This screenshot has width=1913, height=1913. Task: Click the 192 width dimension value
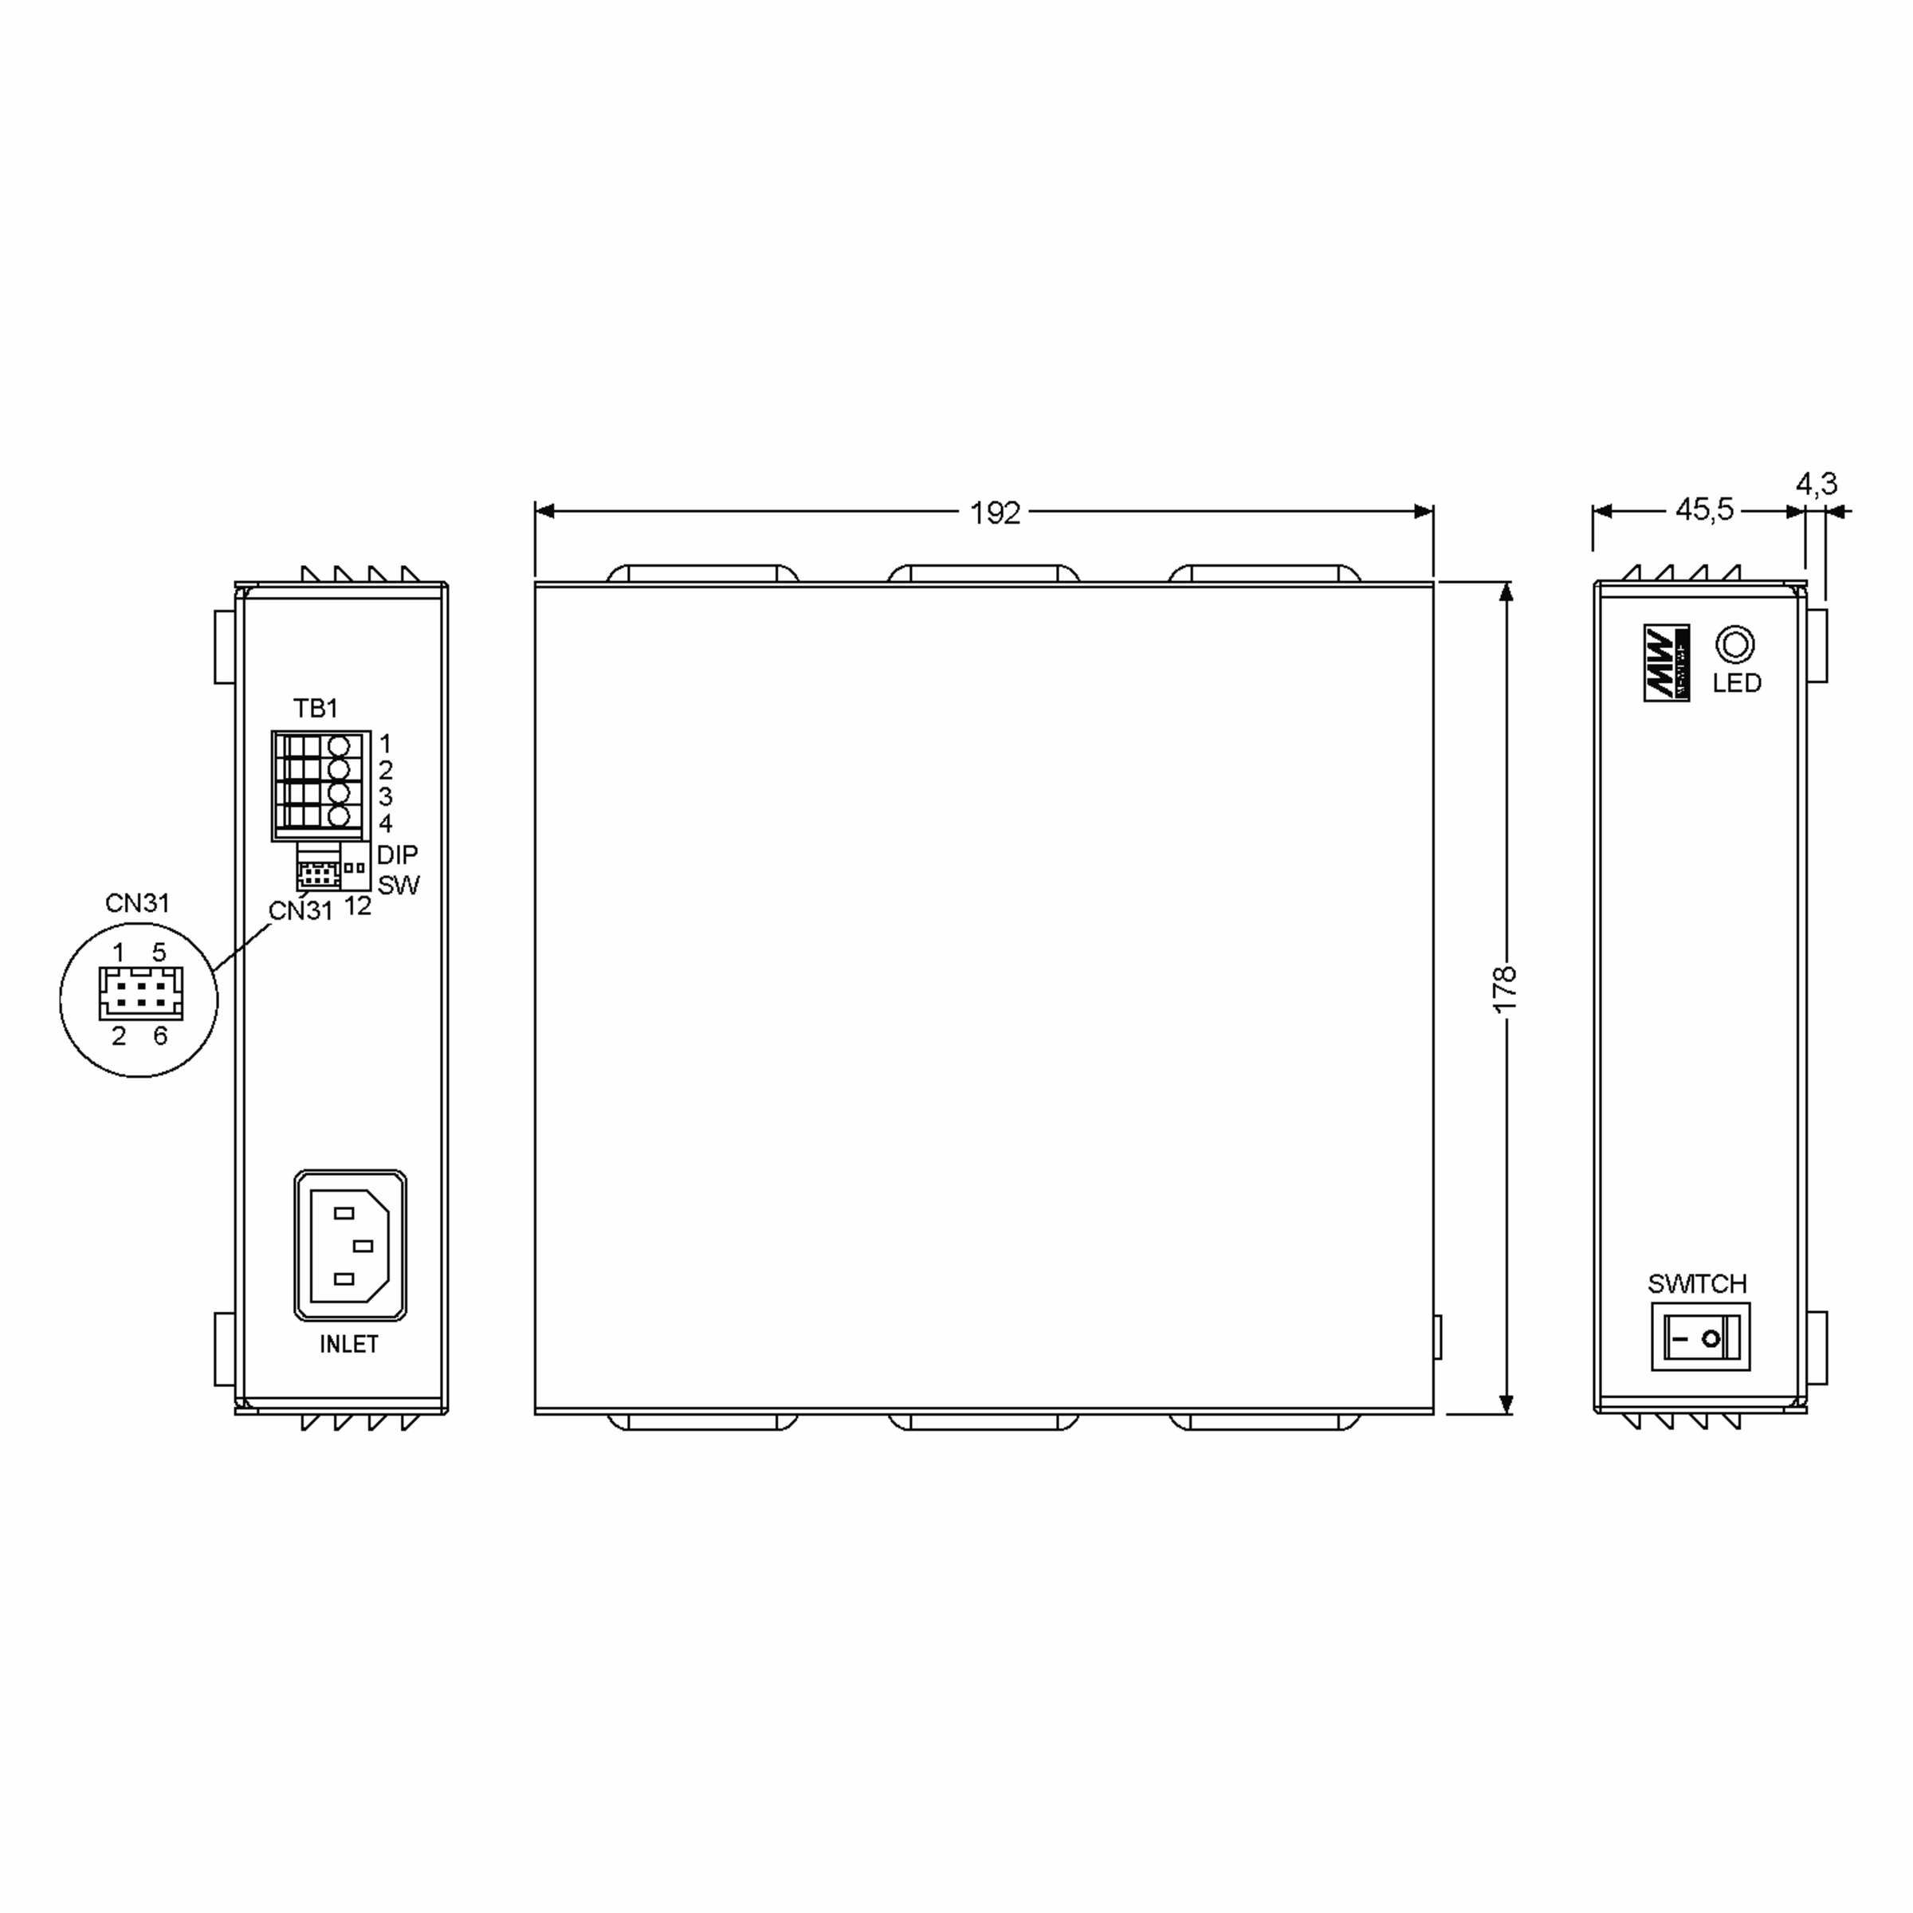click(994, 513)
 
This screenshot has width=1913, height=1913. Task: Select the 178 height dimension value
click(1504, 988)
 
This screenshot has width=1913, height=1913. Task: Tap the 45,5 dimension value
click(1704, 510)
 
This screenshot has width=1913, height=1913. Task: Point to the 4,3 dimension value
click(1816, 483)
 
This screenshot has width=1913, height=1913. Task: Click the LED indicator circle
click(1734, 645)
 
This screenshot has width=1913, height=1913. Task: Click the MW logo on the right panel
click(1667, 662)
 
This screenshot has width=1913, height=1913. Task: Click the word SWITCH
click(1696, 1283)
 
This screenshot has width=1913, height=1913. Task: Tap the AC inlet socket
click(350, 1246)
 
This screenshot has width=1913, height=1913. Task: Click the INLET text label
click(348, 1344)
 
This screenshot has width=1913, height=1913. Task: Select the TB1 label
click(315, 708)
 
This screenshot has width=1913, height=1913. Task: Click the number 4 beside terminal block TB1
click(385, 823)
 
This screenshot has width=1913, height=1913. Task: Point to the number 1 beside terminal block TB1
click(385, 743)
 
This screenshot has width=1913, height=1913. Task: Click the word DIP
click(397, 854)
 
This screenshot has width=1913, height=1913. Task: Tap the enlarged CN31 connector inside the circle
click(140, 993)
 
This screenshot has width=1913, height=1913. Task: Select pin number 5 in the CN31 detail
click(159, 952)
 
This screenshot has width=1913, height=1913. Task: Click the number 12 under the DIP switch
click(357, 906)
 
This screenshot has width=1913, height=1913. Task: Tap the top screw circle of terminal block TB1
click(339, 744)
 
